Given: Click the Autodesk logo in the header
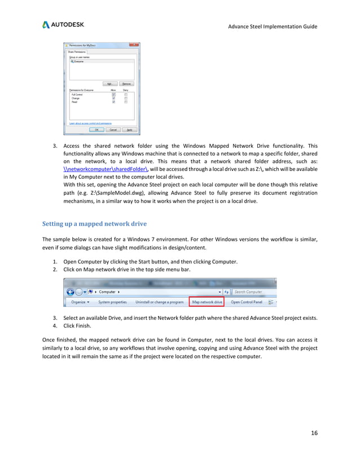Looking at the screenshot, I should pos(63,25).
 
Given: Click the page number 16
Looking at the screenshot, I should pos(314,433).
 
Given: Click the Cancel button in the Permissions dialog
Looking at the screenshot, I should pos(113,129).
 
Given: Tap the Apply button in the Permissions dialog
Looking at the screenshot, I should pos(129,129).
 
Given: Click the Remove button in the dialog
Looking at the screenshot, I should pos(127,83).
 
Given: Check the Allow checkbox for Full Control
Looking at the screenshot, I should pos(113,94).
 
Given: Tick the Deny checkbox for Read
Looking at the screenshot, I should pos(125,102).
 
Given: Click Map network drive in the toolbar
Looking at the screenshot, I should pos(208,302).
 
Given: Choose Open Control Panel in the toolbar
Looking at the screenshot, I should pos(246,302).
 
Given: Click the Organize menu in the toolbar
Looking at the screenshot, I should pos(80,302).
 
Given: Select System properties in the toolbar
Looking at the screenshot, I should pos(112,302).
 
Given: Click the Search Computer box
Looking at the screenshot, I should pos(253,292).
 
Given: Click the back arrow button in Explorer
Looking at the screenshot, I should pos(71,292).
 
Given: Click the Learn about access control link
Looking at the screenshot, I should pos(90,122).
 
